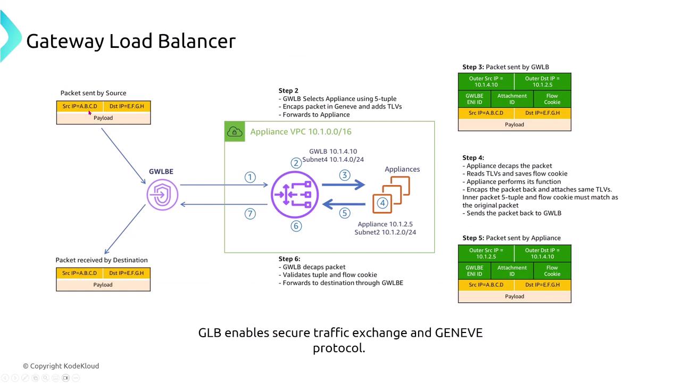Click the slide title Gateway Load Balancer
pos(131,41)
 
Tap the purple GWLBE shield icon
pos(162,195)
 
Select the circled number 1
pos(250,177)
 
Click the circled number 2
pos(296,163)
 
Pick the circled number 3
pos(345,175)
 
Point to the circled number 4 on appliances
pos(382,203)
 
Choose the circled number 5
pos(345,213)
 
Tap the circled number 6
pos(296,226)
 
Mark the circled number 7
pos(250,214)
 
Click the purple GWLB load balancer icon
pos(295,195)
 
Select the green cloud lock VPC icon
pos(235,132)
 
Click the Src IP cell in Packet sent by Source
pos(80,106)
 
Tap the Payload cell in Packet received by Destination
pos(103,285)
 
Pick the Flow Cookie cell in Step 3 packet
pos(552,99)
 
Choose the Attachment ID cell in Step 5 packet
pos(512,271)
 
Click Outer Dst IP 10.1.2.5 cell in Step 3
pos(543,81)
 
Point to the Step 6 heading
pos(289,259)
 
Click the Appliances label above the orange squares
pos(402,169)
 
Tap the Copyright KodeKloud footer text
pos(61,366)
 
